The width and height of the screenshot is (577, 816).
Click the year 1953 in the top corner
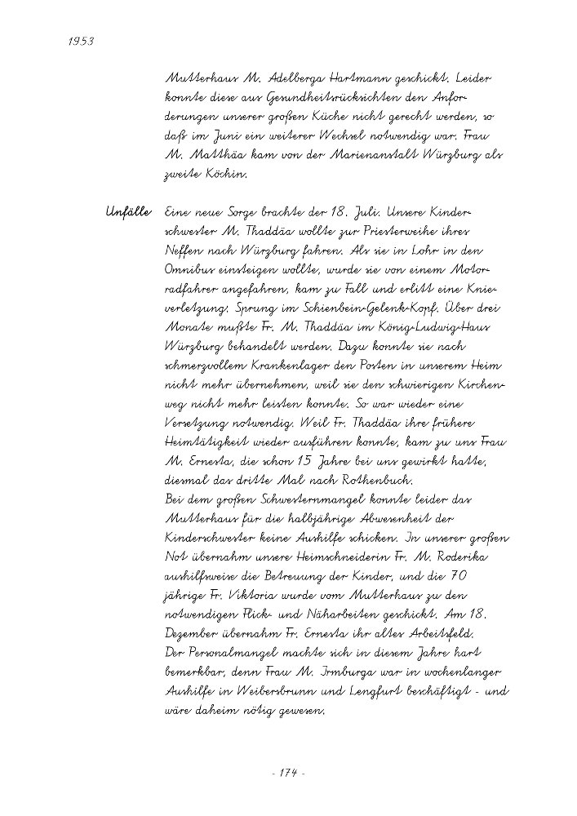tap(78, 41)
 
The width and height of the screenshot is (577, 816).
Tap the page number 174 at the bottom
tap(287, 773)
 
